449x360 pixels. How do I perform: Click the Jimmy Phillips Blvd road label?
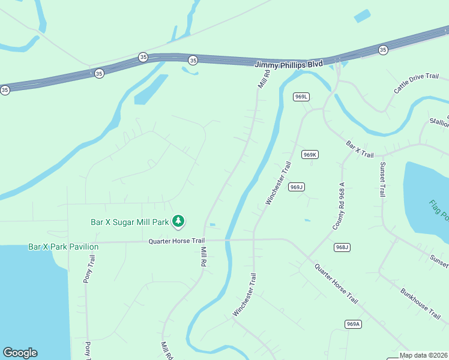coord(289,64)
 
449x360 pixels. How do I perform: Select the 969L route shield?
coord(301,97)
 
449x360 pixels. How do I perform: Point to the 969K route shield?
coord(310,154)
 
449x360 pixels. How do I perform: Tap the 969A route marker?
coord(354,324)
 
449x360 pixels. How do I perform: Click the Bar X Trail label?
coord(360,149)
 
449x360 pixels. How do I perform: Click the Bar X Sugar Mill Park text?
coord(130,222)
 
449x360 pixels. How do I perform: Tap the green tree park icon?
coord(178,221)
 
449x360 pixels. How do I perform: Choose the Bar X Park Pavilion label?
coord(63,247)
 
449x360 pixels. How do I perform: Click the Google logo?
coord(20,353)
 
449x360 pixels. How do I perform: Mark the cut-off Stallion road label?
coord(439,122)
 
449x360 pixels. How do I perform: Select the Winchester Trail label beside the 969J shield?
coord(278,183)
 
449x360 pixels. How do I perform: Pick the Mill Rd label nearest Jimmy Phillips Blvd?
coord(264,79)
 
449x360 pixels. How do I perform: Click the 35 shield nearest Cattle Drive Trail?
coord(383,49)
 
